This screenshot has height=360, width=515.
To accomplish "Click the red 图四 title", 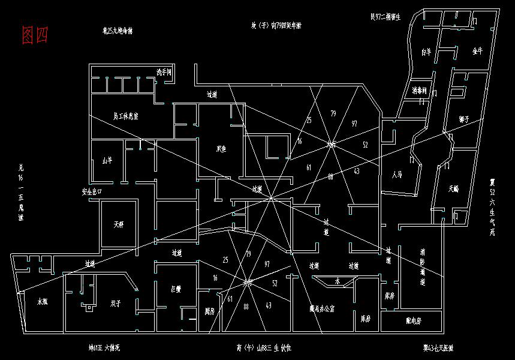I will (34, 35).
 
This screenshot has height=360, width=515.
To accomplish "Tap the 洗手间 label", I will (164, 72).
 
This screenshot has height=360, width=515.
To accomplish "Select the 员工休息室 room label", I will (126, 115).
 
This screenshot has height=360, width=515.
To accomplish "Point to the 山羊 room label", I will (107, 160).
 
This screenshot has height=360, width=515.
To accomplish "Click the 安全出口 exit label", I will (92, 192).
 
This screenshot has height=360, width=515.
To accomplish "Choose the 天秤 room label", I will (119, 226).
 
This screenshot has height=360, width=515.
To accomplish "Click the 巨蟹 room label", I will (176, 289).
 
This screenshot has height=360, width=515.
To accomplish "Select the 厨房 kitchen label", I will (209, 311).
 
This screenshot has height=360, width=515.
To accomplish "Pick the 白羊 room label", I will (426, 52).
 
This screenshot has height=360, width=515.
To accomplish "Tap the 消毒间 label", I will (419, 91).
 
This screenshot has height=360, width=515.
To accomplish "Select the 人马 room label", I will (396, 175).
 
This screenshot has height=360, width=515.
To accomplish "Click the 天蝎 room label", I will (453, 188).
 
